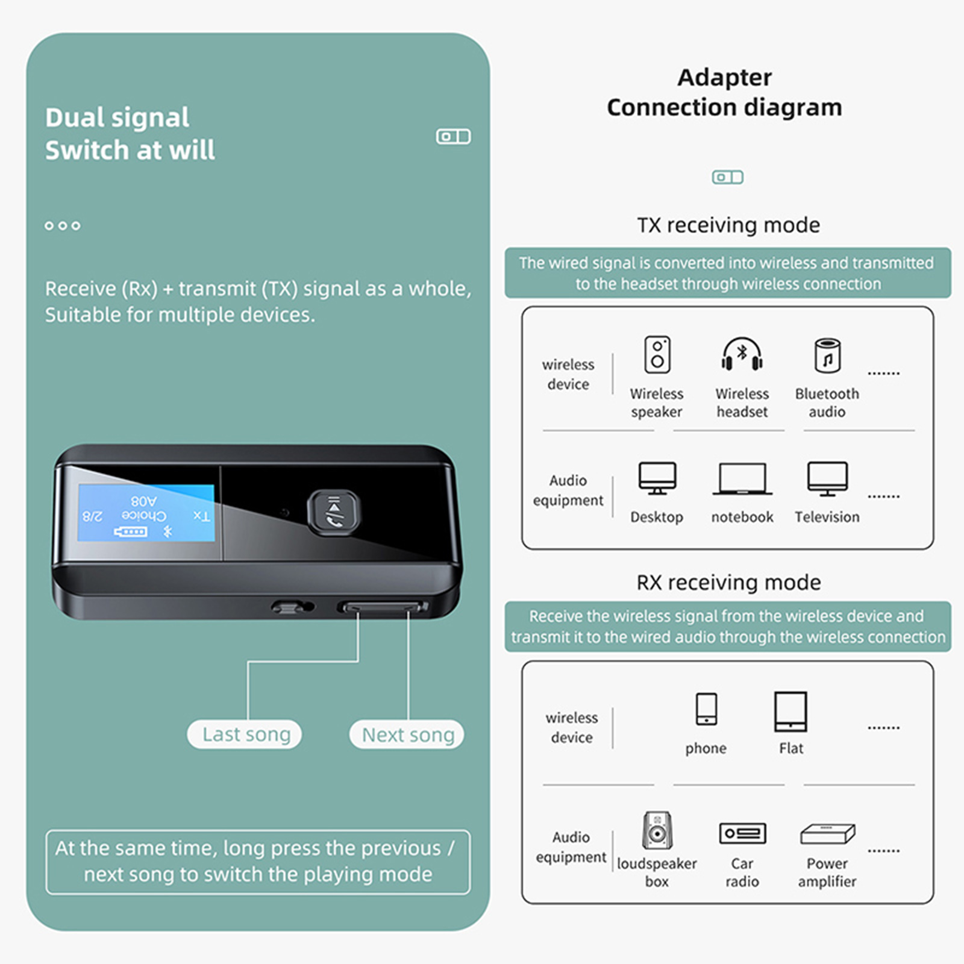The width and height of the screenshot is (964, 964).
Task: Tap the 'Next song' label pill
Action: (x=407, y=734)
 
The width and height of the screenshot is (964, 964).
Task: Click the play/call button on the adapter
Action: (x=334, y=513)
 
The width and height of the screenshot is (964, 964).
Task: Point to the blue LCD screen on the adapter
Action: (x=146, y=513)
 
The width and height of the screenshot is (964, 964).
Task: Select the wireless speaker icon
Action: (x=657, y=354)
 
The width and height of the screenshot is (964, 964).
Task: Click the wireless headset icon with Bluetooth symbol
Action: (x=742, y=354)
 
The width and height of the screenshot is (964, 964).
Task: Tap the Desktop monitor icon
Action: (x=657, y=478)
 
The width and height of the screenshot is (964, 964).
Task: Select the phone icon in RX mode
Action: (x=706, y=709)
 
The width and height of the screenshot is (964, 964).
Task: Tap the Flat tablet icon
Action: (x=790, y=711)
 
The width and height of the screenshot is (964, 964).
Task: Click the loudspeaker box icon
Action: (x=657, y=831)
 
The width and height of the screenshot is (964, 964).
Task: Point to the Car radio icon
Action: (x=742, y=834)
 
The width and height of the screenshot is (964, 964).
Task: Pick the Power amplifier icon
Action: (x=827, y=834)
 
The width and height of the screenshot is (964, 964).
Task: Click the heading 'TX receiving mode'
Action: (x=728, y=225)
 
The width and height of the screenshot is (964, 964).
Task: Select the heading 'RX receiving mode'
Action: (x=728, y=583)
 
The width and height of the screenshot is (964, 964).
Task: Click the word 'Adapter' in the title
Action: (x=724, y=78)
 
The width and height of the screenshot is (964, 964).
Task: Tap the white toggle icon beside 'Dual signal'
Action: (x=453, y=137)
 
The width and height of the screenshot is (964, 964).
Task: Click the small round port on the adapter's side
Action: (x=293, y=607)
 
